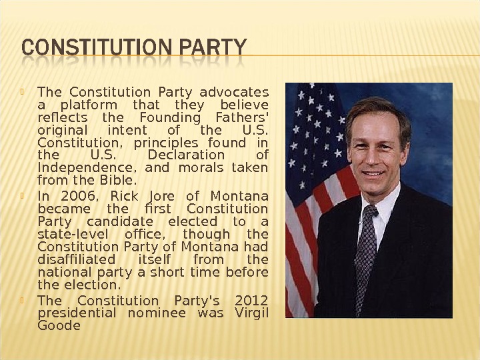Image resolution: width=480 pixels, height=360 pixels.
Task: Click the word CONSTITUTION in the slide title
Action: [85, 49]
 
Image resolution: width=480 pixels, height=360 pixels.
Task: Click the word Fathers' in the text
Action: [242, 117]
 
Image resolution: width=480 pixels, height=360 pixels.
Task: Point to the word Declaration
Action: [183, 155]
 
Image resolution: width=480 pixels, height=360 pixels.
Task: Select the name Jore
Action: [161, 196]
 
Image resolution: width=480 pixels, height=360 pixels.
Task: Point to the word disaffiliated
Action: [76, 259]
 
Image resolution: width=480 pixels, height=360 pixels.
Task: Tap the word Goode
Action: [59, 326]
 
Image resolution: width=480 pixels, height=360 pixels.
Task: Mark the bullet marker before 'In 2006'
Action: [23, 195]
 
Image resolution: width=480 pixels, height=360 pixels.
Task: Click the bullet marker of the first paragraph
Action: [23, 91]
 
